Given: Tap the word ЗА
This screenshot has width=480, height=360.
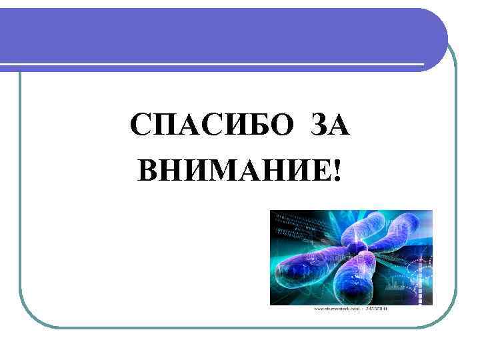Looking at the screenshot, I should (329, 125).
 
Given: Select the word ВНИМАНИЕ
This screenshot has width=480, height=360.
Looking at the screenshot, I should (233, 172).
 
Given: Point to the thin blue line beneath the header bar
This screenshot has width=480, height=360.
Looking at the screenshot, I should (220, 65).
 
